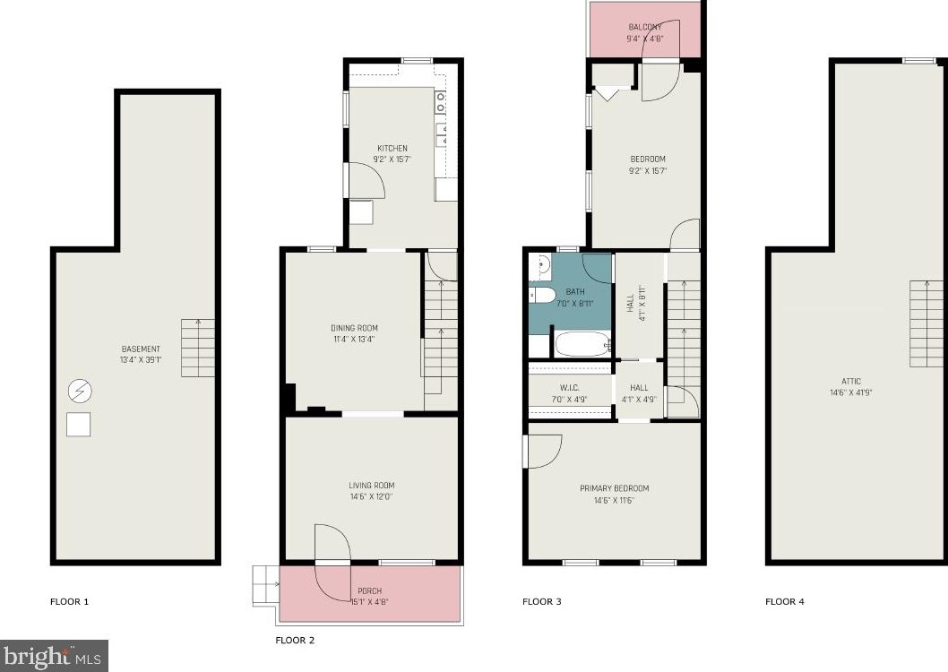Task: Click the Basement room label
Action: point(141,349)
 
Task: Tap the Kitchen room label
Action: point(392,148)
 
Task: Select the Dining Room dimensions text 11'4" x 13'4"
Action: point(354,339)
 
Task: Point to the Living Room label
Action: point(372,486)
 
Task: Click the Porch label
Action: point(369,591)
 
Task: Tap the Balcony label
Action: point(645,27)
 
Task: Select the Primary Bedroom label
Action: point(615,488)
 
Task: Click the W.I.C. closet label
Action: point(570,388)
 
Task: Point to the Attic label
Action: point(850,382)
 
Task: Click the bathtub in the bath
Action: point(582,344)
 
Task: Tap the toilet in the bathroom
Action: point(543,296)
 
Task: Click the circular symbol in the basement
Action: point(79,391)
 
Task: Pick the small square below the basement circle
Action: point(78,424)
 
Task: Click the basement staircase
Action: point(198,348)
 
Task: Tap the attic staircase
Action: point(926,323)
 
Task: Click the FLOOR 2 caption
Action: point(295,641)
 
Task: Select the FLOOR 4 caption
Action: point(785,601)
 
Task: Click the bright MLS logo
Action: point(54,656)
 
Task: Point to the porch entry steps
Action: point(265,585)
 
